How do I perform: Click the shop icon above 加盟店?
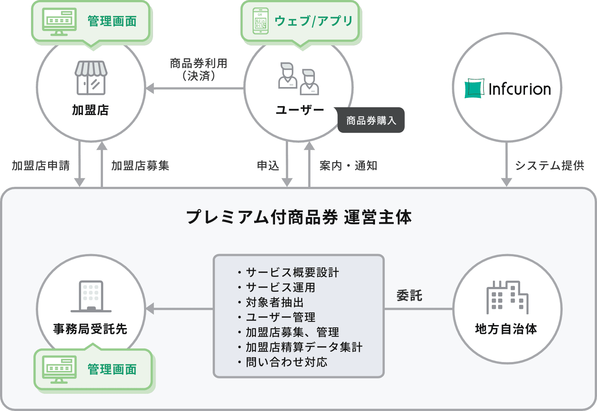point(91,78)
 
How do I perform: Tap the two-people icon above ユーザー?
point(298,78)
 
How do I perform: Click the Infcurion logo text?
point(519,89)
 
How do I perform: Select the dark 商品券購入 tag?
point(371,120)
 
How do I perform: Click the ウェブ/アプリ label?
point(313,21)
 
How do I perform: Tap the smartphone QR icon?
point(260,21)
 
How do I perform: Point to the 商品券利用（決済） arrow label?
point(198,69)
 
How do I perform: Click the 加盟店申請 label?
point(41,166)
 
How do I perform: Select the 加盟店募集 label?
point(140,166)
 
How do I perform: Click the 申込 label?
point(268,166)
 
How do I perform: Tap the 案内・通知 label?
point(348,166)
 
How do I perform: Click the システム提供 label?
point(550,166)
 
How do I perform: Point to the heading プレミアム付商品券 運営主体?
point(298,217)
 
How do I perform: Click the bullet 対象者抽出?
point(275,302)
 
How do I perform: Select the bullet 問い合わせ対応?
point(286,362)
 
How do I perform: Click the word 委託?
point(409,296)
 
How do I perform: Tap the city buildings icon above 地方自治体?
point(507,297)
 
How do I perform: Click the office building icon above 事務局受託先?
point(91,296)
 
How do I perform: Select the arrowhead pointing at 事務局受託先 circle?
point(150,309)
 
